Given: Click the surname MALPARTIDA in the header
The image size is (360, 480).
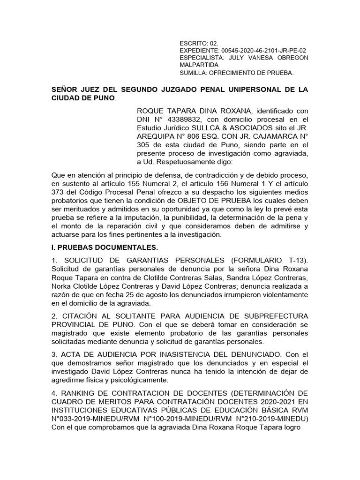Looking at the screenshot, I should click(x=199, y=65).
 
